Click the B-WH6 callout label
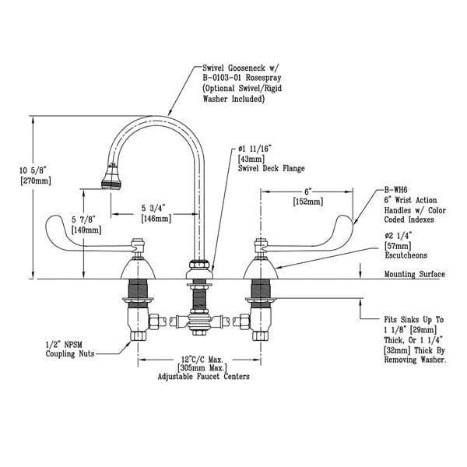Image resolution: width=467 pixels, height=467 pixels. pos(395,189)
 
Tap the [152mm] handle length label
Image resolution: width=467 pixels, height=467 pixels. pos(307,201)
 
